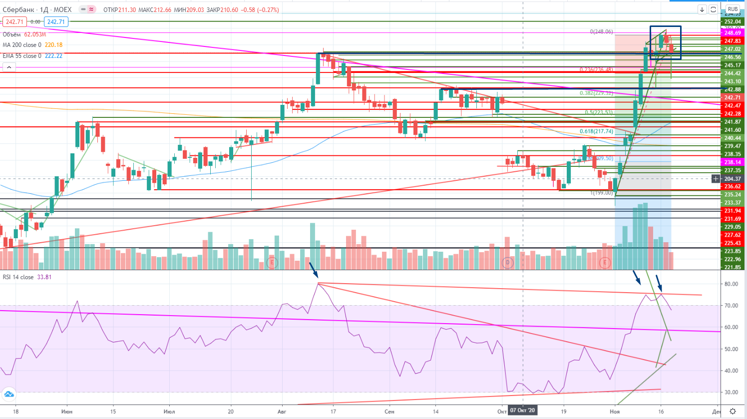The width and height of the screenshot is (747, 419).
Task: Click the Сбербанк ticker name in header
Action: tap(18, 9)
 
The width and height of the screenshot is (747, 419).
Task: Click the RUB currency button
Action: tap(733, 9)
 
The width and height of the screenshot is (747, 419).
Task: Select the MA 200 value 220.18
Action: tap(53, 45)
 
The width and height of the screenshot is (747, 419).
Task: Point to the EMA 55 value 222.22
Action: tap(53, 56)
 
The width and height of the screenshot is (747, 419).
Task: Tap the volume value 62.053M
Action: tap(35, 34)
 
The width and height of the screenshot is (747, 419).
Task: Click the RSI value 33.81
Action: tap(44, 277)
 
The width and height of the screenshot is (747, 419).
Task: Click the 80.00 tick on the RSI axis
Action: tap(731, 284)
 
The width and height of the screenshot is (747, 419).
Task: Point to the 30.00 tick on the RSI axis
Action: tap(731, 393)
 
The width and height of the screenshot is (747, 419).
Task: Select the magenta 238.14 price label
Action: tap(733, 162)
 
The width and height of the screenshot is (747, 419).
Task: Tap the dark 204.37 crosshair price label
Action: tap(733, 179)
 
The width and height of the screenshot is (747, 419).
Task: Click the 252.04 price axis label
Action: tap(733, 21)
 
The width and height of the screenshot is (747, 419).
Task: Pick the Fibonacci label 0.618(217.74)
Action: tap(596, 131)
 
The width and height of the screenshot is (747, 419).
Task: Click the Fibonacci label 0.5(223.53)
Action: tap(598, 112)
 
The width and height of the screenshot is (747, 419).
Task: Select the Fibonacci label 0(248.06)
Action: tap(601, 31)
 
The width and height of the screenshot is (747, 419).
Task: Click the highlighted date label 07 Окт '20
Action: tap(522, 411)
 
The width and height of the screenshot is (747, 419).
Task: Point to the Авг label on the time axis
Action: tap(282, 412)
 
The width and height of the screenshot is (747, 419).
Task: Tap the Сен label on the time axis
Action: tap(389, 412)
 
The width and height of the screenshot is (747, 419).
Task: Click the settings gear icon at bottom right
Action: tap(733, 412)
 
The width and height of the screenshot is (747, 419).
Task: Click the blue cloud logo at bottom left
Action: tap(9, 395)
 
